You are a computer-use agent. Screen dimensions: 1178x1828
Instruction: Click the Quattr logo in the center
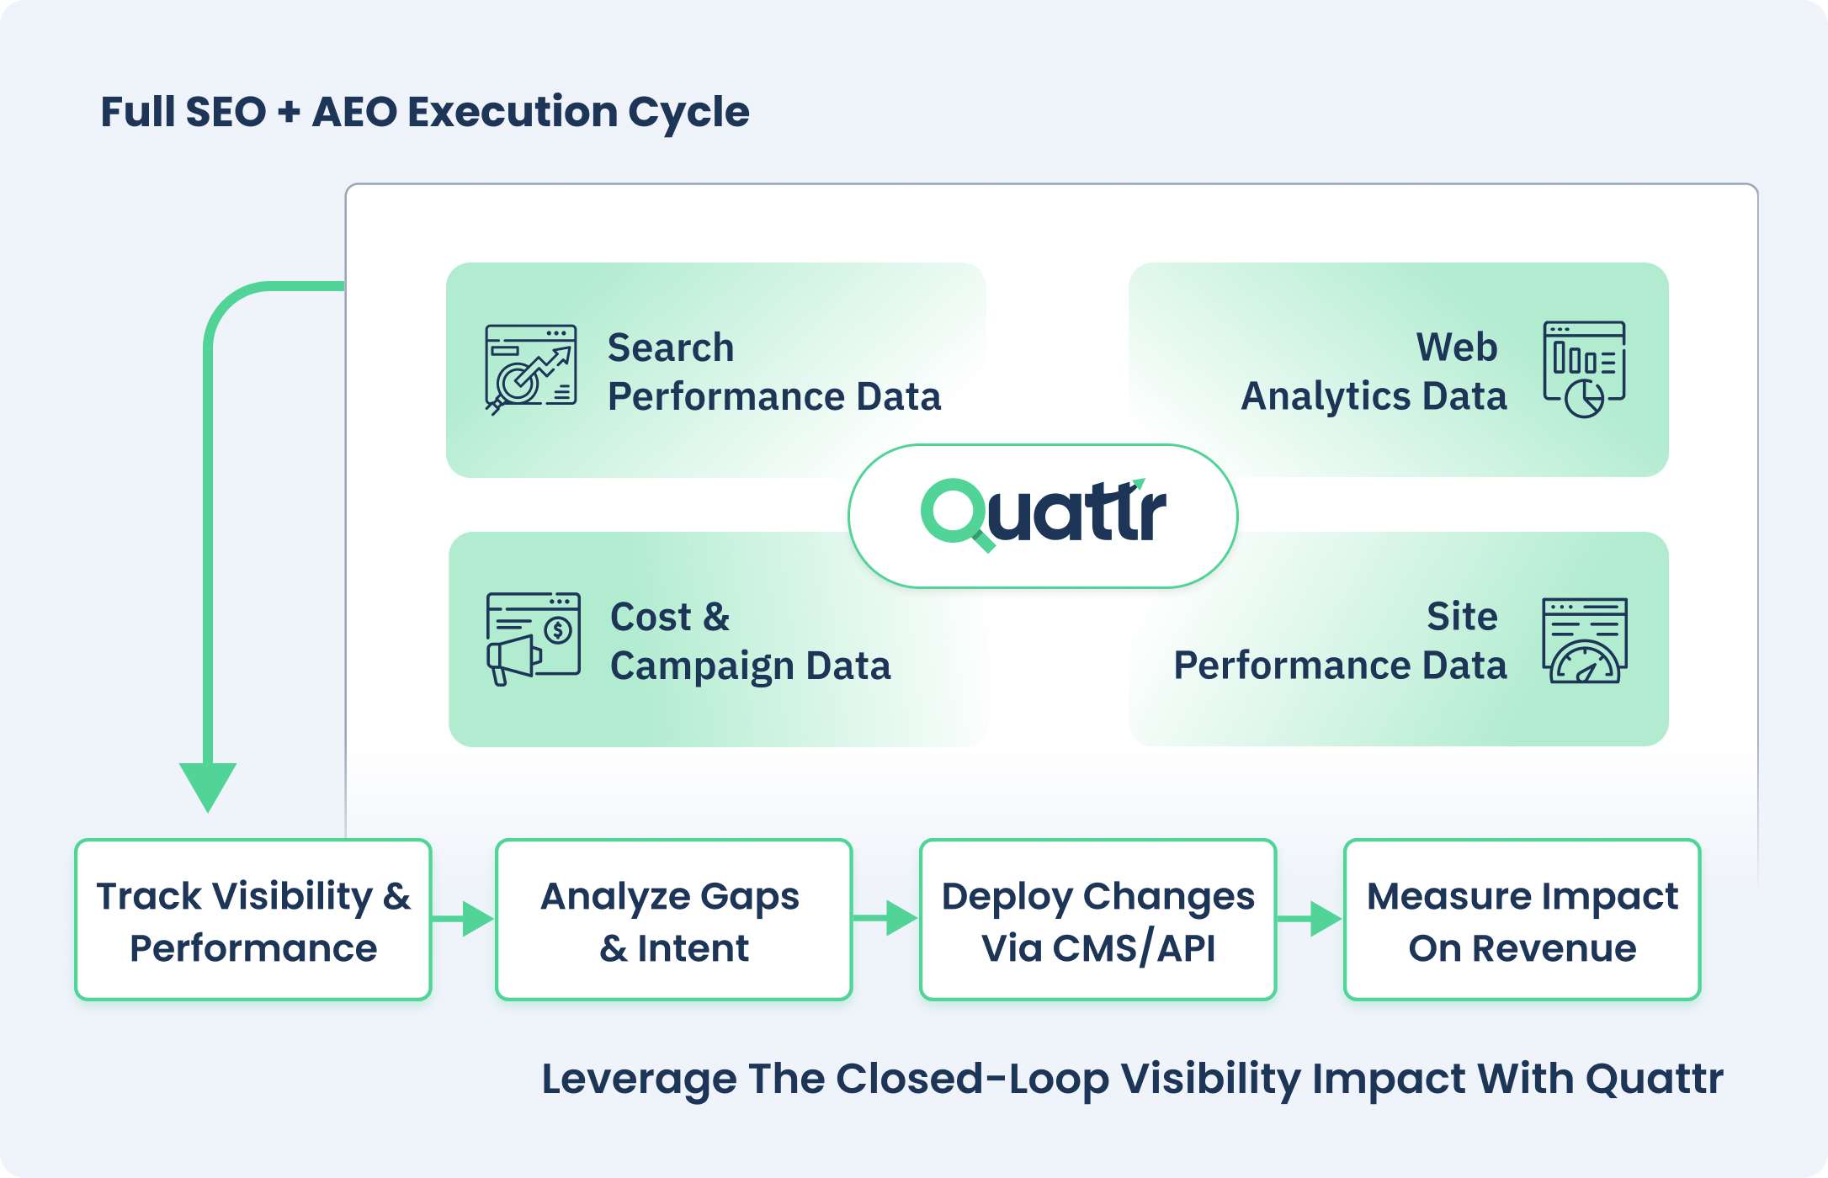coord(1043,515)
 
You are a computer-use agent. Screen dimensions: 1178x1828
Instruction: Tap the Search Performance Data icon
coord(531,369)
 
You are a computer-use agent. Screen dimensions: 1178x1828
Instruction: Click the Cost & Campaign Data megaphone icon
coord(534,639)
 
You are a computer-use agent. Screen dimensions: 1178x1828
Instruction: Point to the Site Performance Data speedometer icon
coord(1584,640)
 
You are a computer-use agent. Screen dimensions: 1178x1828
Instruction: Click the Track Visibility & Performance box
coord(253,920)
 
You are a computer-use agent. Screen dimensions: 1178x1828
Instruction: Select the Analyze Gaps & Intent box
coord(673,920)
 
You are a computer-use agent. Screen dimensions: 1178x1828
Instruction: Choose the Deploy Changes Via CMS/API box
coord(1097,920)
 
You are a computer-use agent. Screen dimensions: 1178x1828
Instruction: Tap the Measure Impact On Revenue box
coord(1522,920)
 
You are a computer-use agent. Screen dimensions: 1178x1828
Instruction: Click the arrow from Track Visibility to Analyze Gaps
coord(464,919)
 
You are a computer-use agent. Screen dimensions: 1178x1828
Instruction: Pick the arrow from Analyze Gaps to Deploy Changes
coord(887,919)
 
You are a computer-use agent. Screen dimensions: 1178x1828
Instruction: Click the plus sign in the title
coord(289,113)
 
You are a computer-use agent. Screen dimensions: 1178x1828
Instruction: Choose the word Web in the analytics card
coord(1457,347)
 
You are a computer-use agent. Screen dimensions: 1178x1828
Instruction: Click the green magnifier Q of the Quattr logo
coord(955,512)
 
